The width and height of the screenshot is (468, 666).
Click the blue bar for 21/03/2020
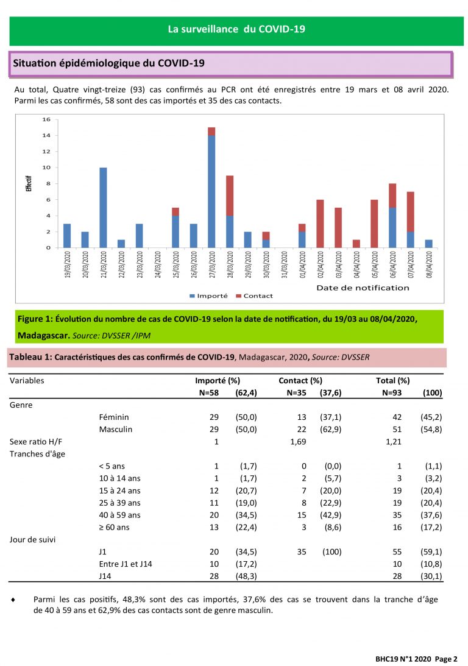[103, 208]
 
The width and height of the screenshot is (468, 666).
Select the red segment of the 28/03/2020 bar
[230, 196]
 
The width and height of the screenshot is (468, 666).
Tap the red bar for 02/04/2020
[320, 224]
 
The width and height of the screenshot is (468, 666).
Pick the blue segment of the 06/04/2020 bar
[392, 228]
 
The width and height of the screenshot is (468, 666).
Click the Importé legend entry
[208, 296]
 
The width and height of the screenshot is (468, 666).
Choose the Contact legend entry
[254, 296]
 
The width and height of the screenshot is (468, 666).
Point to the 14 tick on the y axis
[46, 135]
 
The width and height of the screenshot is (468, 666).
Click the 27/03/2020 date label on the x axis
[212, 264]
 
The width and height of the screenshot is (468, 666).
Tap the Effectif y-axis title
[29, 183]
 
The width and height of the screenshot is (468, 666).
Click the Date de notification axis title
[363, 288]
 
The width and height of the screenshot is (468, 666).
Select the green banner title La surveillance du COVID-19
[236, 29]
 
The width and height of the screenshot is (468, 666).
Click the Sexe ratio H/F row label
[36, 442]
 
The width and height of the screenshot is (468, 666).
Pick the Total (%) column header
[393, 381]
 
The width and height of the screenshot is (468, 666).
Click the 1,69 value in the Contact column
[298, 442]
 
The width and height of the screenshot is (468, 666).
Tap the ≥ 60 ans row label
[114, 528]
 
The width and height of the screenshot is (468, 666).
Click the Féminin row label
[114, 417]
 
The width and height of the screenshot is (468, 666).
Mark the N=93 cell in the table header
[392, 393]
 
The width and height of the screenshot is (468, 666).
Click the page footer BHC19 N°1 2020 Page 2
[416, 659]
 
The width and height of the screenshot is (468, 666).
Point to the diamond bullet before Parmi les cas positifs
[13, 600]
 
